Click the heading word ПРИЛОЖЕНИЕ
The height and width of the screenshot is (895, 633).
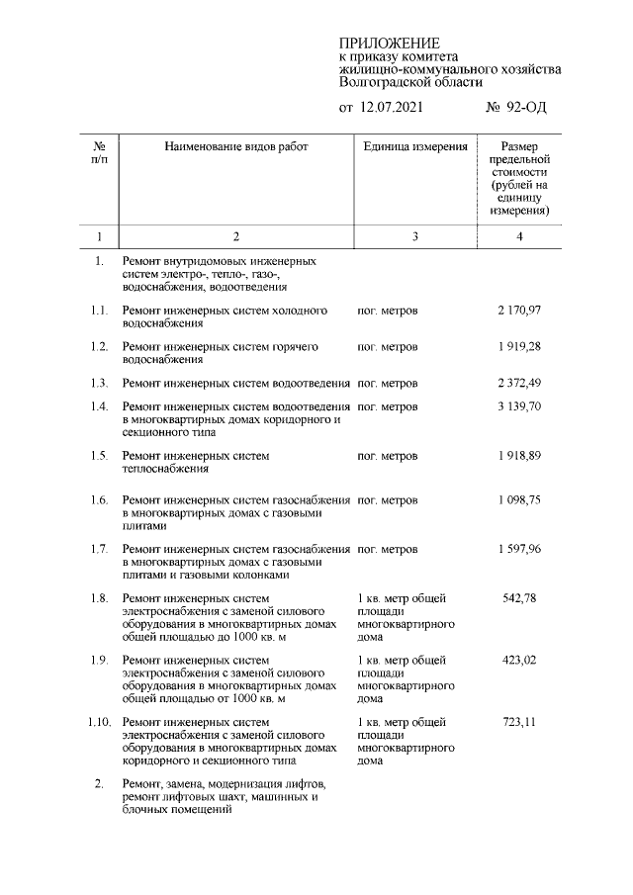389,44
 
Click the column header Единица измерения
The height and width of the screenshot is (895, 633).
414,146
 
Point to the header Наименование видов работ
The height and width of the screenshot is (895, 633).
236,146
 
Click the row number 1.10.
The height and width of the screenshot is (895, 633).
99,722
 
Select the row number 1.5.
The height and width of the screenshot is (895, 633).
99,456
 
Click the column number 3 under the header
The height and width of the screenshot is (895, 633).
414,236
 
